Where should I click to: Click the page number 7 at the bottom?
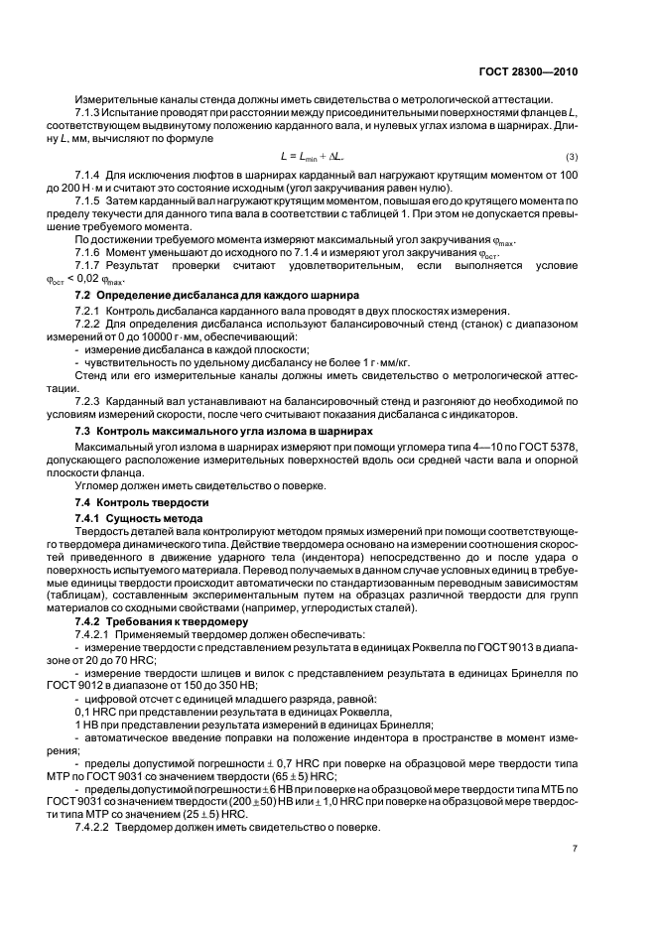(x=576, y=848)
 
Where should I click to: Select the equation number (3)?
(x=572, y=158)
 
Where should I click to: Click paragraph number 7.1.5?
(x=89, y=200)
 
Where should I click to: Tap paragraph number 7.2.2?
(x=90, y=325)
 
